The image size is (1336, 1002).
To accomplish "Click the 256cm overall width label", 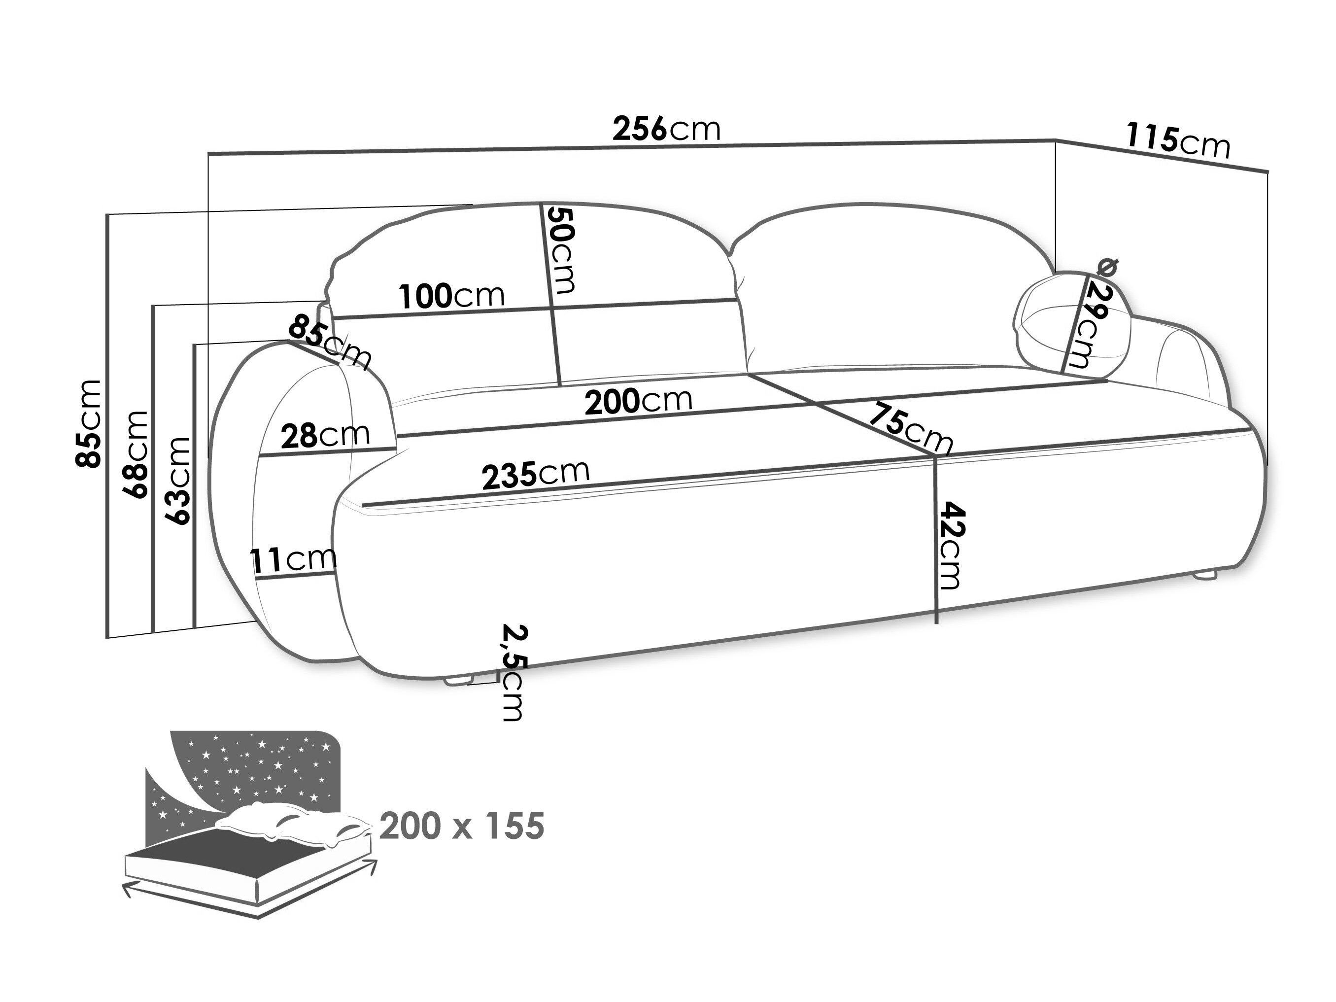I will coord(667,129).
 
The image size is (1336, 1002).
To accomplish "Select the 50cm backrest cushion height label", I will coord(560,249).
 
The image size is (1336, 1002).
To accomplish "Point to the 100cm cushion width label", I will coord(452,296).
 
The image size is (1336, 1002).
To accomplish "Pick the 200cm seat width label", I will coord(638,400).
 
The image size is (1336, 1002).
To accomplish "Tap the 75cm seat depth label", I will coord(910,428).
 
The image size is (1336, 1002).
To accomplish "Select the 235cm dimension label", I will coord(536,473).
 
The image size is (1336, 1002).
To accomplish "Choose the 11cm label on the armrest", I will coord(293,559).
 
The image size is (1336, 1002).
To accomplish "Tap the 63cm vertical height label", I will coord(179,480).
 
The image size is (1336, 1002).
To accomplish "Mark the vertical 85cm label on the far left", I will coord(88,423).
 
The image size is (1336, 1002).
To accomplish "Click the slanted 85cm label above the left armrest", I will coord(329,342).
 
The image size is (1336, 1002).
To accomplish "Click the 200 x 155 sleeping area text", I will coord(462,827).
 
